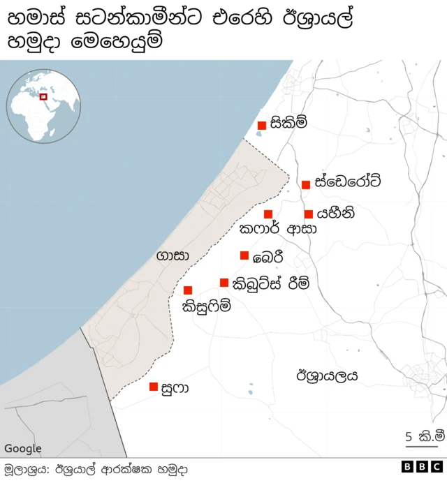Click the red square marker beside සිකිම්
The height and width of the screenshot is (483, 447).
click(x=261, y=126)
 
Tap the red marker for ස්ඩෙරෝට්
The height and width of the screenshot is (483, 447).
click(x=306, y=184)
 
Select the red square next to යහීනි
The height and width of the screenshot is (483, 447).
click(x=309, y=214)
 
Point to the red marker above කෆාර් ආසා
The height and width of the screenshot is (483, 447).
click(x=268, y=214)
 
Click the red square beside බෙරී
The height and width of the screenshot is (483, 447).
click(x=244, y=255)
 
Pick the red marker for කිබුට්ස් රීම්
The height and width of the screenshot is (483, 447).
click(x=224, y=283)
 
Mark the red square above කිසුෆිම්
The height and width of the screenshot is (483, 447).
click(x=188, y=290)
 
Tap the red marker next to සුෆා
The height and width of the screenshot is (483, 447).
click(x=154, y=387)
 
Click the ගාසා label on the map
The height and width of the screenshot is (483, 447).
click(x=173, y=256)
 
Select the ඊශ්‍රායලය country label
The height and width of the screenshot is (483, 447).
click(x=327, y=376)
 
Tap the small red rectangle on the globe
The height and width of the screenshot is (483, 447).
click(x=43, y=97)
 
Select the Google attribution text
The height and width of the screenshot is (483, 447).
click(x=23, y=449)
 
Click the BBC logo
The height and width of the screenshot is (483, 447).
click(x=422, y=468)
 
